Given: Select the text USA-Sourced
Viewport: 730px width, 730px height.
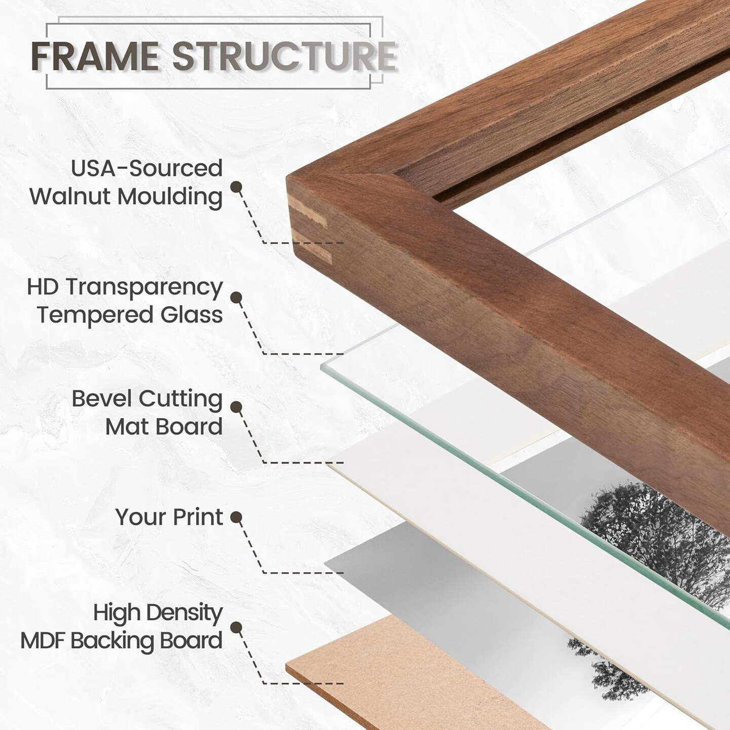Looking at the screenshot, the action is [x=147, y=168].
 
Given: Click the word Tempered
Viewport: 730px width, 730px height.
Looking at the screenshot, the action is [x=95, y=315].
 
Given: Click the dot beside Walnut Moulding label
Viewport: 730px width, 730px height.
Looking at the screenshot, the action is [x=236, y=187].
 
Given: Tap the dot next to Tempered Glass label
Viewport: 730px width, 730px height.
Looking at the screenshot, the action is [x=236, y=297].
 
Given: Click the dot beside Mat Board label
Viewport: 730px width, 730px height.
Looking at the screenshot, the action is [x=236, y=407].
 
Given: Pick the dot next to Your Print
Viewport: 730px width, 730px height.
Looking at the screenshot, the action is [x=236, y=517].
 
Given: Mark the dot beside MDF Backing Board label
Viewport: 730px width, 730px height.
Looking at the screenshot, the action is [x=236, y=627].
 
